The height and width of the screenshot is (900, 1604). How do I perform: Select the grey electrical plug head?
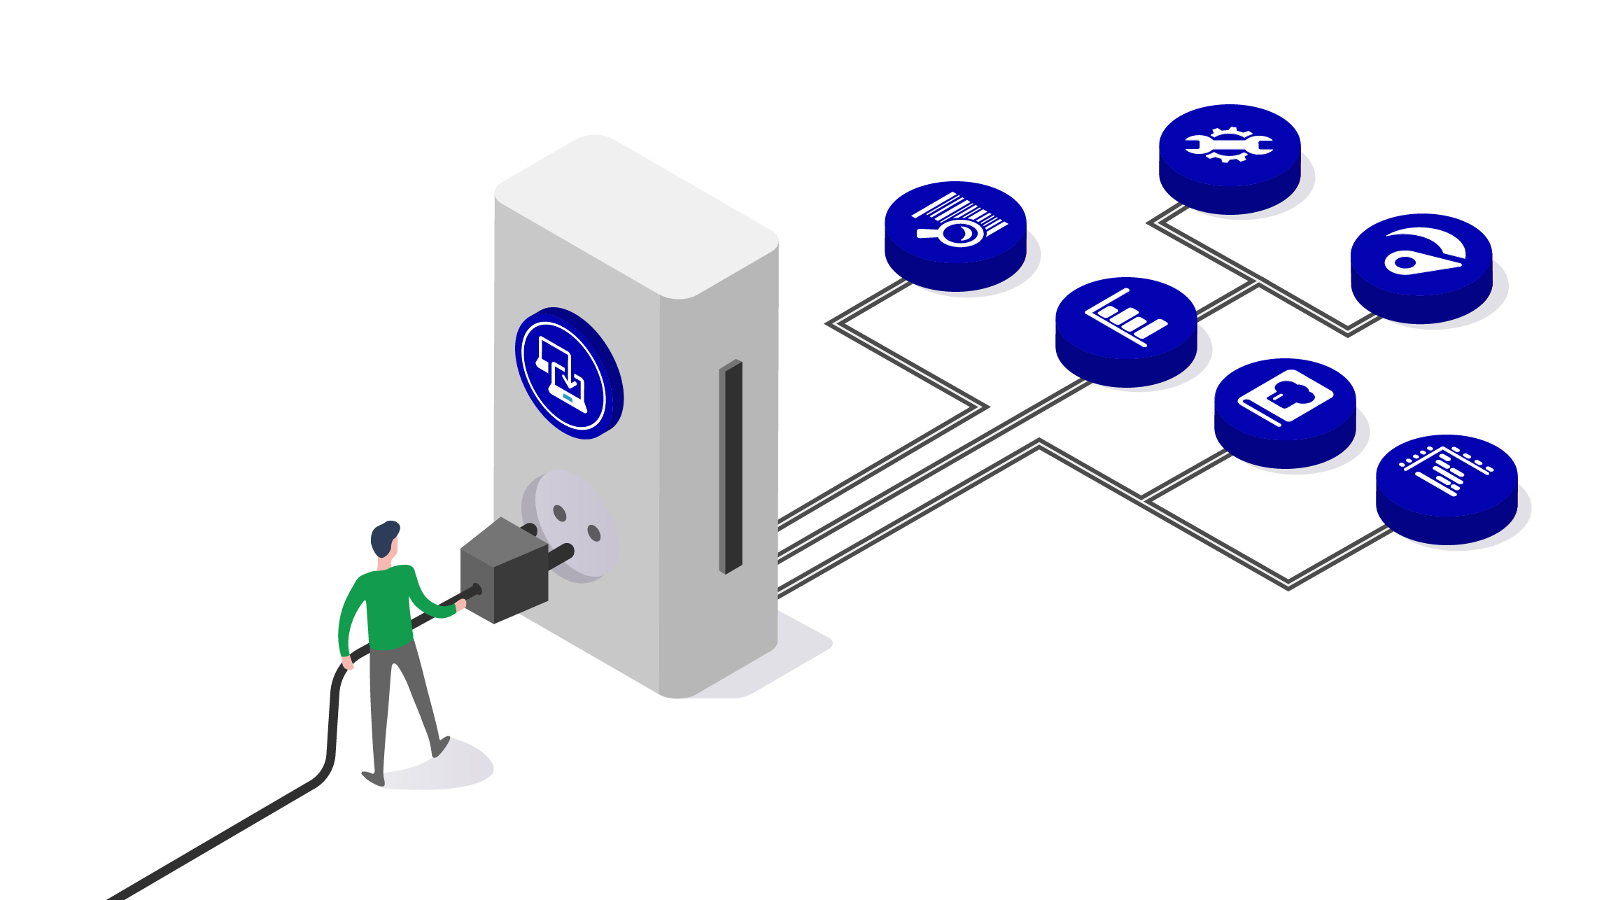tap(504, 570)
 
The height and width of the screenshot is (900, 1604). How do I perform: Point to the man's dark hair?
tap(384, 537)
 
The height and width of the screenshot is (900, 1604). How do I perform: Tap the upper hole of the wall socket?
tap(559, 514)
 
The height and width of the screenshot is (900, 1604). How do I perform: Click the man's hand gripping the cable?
tap(460, 605)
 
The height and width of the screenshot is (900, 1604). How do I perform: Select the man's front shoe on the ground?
tap(373, 778)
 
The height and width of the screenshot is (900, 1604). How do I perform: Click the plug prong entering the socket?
tap(560, 557)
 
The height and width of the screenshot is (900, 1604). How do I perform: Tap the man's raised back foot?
tap(440, 747)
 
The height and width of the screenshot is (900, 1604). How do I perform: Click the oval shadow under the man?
tap(448, 770)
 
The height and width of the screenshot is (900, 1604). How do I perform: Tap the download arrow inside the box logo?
tap(570, 378)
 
